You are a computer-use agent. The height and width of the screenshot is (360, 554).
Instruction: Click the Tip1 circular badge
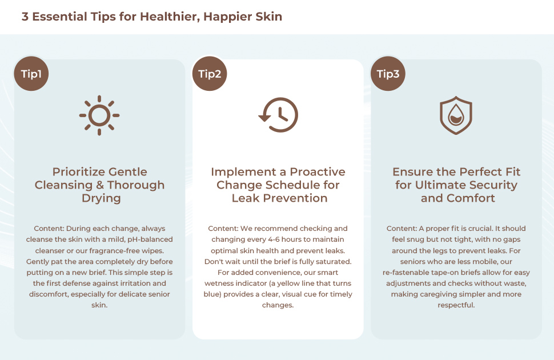tap(31, 74)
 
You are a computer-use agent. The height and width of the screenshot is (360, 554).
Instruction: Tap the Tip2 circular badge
tap(210, 74)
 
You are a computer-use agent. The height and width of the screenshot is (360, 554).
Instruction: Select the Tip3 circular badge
tap(388, 74)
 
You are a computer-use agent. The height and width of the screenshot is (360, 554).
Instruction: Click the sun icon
tap(99, 115)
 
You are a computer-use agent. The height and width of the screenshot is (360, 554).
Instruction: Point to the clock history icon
tap(279, 115)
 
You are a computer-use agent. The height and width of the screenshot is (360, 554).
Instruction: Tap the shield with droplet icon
tap(456, 115)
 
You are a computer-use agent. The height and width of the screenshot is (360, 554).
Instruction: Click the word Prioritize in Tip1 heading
tap(73, 172)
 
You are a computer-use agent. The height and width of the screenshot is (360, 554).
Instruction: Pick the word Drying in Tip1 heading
tap(101, 198)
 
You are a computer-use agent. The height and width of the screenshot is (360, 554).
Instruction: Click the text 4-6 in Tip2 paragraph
tap(276, 239)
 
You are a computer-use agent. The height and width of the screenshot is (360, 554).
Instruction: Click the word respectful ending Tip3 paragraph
tap(456, 305)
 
